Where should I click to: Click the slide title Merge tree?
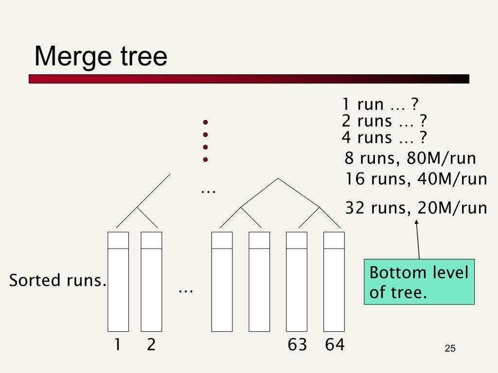[x=101, y=56]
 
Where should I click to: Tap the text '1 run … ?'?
[x=380, y=104]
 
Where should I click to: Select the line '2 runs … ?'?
[x=384, y=121]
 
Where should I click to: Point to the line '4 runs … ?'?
[x=384, y=137]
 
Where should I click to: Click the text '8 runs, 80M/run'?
[x=410, y=159]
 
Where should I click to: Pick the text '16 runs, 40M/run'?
[x=416, y=179]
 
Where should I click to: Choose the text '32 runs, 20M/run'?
[x=416, y=208]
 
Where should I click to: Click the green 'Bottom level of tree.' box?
[x=419, y=282]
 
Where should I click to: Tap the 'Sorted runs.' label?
[x=58, y=280]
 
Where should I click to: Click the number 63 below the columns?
[x=297, y=345]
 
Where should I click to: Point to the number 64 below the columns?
[x=335, y=345]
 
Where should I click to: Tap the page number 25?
[x=450, y=349]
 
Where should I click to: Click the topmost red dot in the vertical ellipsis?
[x=205, y=122]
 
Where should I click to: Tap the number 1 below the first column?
[x=117, y=345]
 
